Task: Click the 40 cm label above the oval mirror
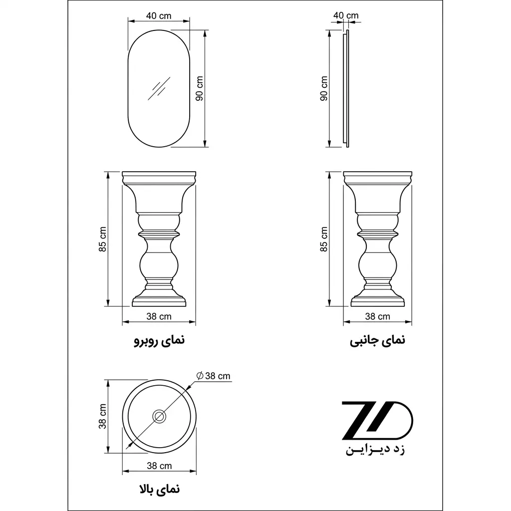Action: click(x=159, y=15)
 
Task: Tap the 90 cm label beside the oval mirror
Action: click(x=200, y=88)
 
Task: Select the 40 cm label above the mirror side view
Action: click(x=346, y=15)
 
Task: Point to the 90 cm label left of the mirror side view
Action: click(x=324, y=88)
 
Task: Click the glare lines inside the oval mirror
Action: click(x=159, y=88)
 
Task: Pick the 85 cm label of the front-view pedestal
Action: click(x=103, y=239)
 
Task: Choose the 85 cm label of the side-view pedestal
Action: click(x=324, y=239)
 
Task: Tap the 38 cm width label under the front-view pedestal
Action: click(x=159, y=316)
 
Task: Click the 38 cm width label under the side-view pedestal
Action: click(x=377, y=316)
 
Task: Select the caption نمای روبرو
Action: click(x=159, y=340)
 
